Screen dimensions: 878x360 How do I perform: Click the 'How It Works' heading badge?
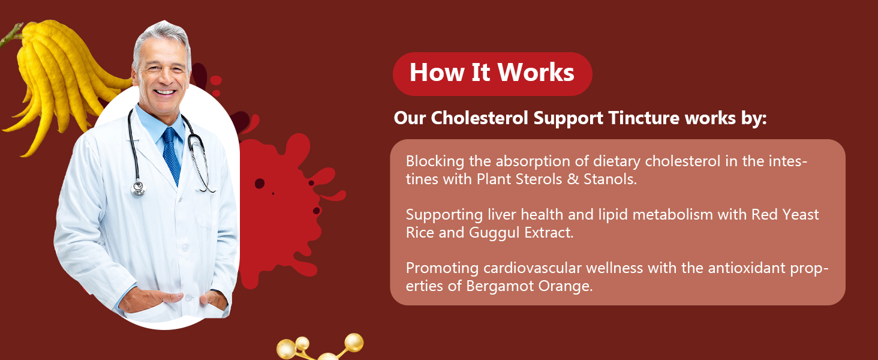492,74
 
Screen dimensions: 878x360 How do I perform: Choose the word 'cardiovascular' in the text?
532,268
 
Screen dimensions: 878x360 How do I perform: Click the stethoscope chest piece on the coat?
138,188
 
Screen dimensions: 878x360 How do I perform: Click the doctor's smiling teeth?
164,92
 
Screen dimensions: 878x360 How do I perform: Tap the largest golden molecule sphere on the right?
354,343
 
